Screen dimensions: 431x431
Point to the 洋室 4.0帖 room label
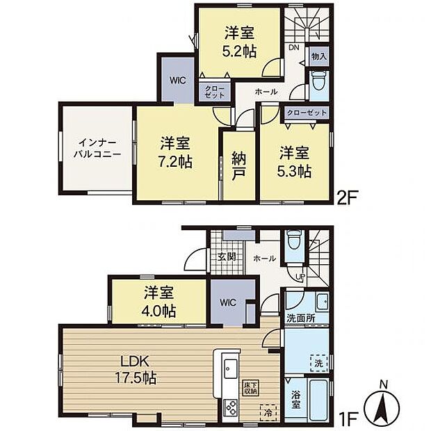coord(159,301)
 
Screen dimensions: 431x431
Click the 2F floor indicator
coord(348,195)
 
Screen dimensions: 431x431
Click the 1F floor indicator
coord(348,419)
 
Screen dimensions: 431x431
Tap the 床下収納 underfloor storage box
coord(250,388)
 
